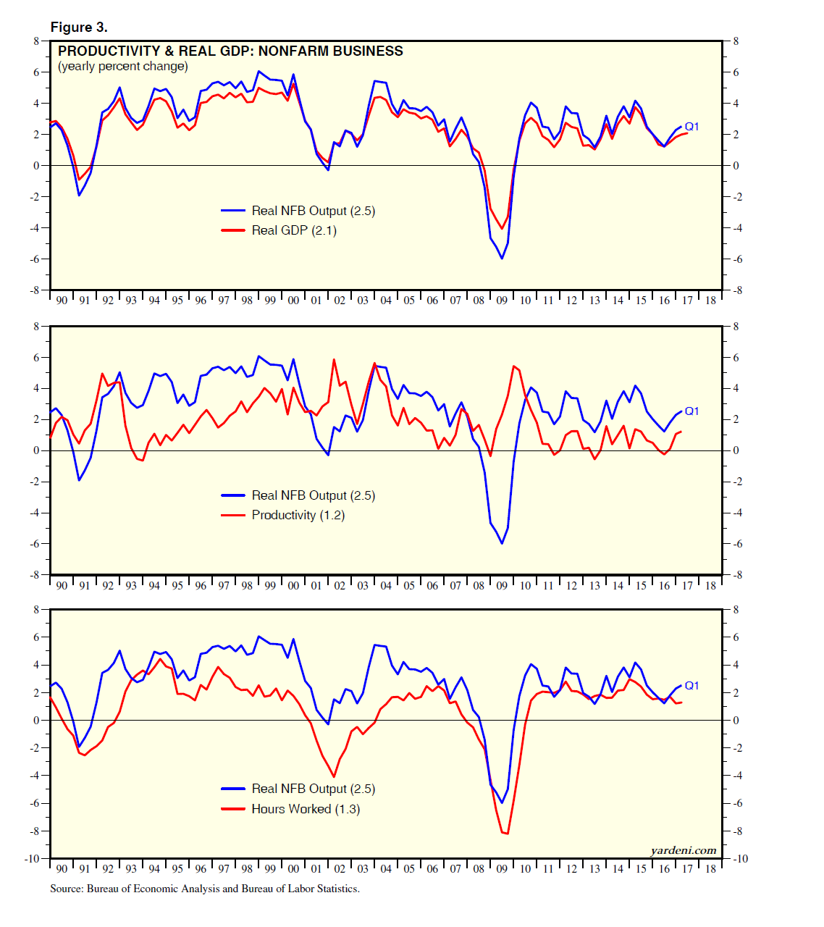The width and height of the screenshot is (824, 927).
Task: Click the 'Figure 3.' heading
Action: (79, 28)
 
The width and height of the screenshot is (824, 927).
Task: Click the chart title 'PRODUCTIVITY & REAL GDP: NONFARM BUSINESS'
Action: (230, 51)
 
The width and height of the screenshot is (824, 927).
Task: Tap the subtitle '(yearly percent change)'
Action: (122, 67)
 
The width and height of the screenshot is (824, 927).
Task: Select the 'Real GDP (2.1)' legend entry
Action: (294, 230)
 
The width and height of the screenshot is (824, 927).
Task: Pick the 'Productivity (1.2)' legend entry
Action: (298, 515)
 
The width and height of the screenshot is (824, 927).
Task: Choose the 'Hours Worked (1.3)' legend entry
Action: (306, 809)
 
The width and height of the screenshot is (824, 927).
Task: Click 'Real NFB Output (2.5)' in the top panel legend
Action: (313, 211)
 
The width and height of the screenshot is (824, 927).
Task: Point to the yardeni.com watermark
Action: (683, 850)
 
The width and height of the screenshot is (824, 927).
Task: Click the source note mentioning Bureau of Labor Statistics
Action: (205, 889)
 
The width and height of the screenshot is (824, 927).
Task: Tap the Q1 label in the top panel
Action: (691, 127)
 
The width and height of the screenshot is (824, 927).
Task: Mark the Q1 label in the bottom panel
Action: (691, 686)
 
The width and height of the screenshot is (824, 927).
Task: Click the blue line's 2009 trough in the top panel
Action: (502, 259)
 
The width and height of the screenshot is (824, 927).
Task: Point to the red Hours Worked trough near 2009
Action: (505, 834)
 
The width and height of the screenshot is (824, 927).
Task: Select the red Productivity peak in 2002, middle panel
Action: (334, 359)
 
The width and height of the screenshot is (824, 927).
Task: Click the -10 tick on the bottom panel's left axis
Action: (32, 859)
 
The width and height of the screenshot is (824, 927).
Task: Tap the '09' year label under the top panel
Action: (502, 300)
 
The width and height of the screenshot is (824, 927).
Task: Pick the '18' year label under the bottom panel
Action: (710, 869)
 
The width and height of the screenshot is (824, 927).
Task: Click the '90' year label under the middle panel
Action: (62, 585)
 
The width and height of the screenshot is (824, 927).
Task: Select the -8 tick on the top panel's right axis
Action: (736, 290)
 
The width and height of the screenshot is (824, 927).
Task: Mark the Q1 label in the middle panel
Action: (691, 411)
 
